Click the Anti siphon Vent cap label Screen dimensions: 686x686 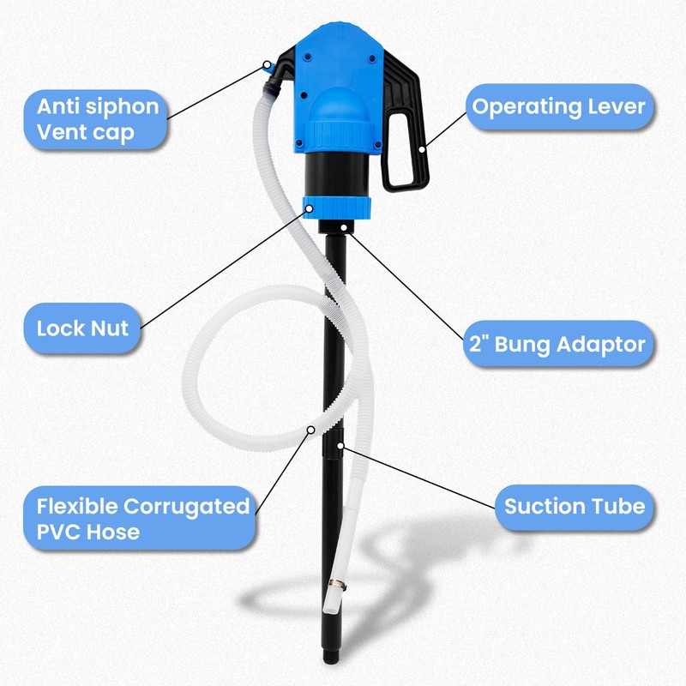(97, 120)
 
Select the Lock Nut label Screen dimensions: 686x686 (82, 327)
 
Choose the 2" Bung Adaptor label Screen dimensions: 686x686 (557, 345)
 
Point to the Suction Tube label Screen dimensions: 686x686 (574, 506)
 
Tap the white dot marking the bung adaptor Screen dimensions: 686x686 (343, 228)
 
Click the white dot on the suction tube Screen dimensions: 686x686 (340, 446)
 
